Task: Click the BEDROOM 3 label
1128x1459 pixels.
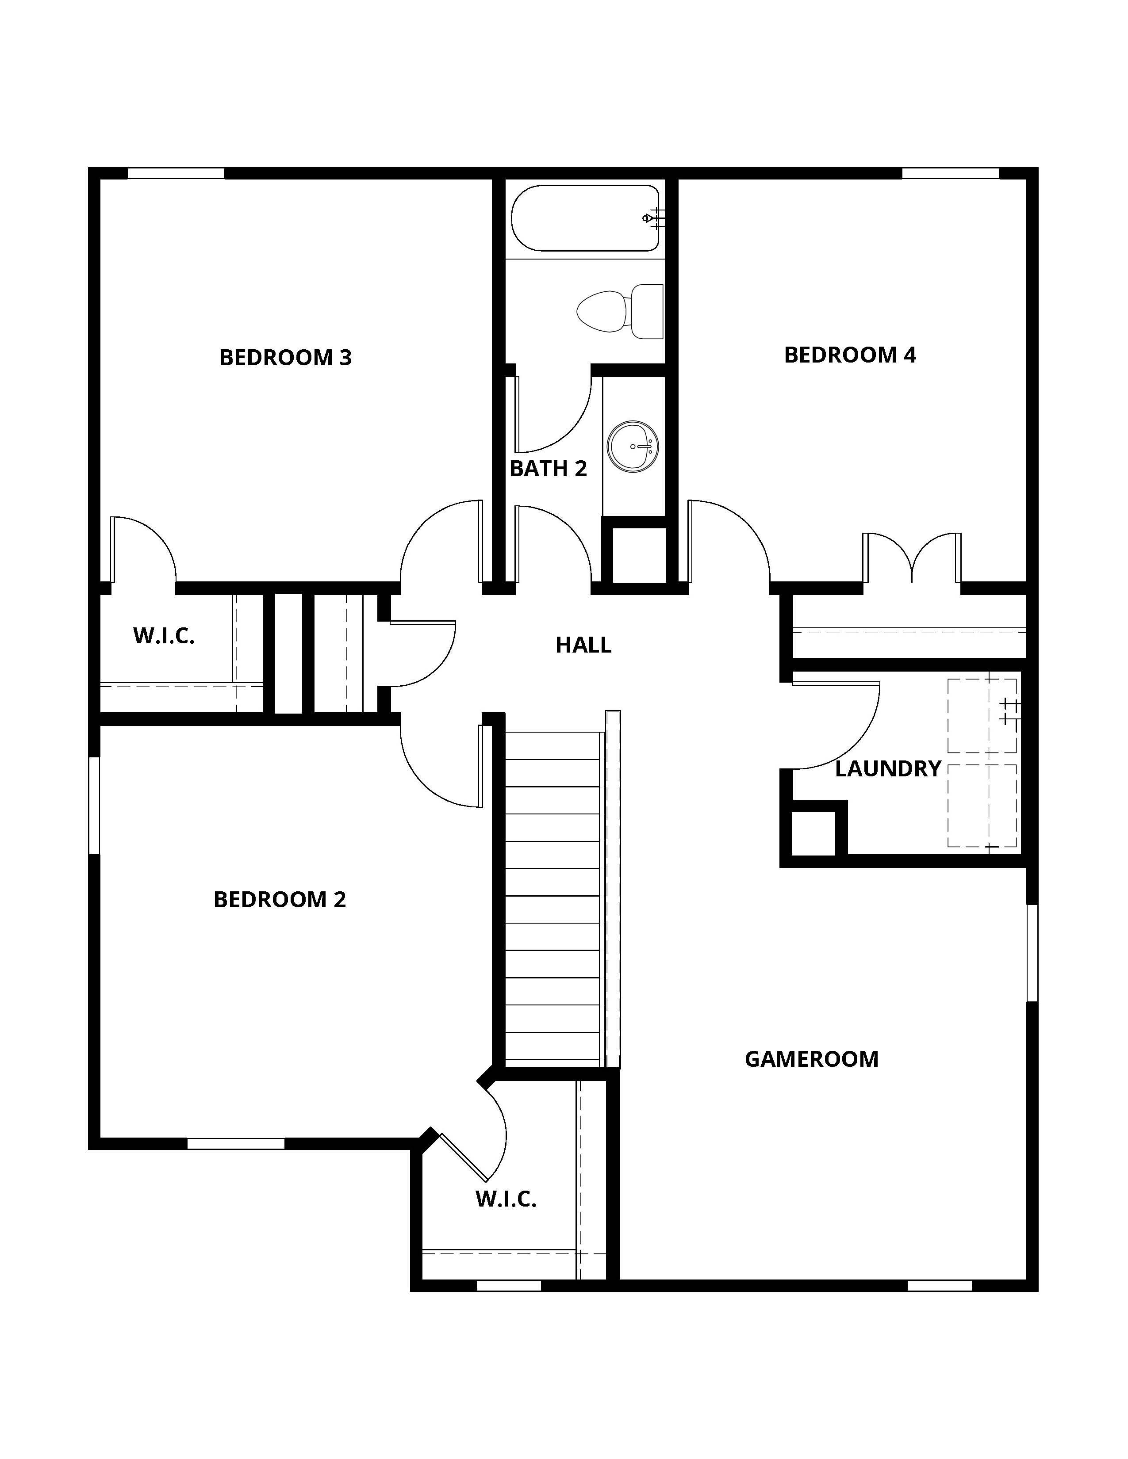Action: point(285,357)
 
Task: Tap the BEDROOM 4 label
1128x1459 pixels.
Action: point(850,355)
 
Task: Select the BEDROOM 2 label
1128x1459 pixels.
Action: point(280,899)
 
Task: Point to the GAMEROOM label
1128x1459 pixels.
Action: point(811,1059)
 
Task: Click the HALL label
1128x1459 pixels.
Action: point(583,645)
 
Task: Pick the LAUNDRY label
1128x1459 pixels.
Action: point(888,768)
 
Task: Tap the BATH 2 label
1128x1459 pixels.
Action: point(548,468)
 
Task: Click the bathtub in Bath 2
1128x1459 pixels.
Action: point(586,218)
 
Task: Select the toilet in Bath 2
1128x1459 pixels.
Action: point(620,311)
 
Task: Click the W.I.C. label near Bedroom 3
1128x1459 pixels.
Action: point(164,636)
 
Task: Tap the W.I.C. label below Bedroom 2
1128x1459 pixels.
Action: point(506,1199)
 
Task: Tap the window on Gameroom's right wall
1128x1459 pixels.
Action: point(1032,953)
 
